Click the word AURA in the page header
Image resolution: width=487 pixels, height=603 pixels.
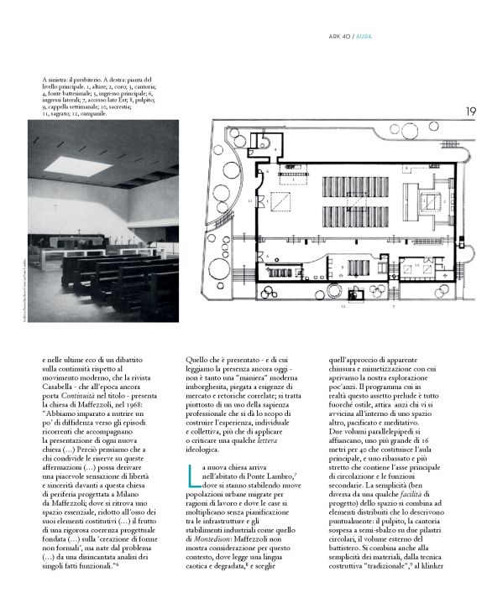366,36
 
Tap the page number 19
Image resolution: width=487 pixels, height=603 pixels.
471,111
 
